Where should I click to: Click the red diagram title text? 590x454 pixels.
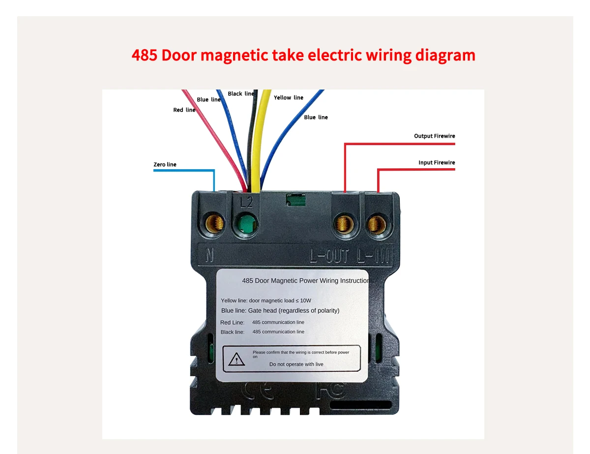pos(303,55)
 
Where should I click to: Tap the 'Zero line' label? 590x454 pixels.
pos(165,164)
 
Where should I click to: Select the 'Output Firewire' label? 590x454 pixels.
pos(434,136)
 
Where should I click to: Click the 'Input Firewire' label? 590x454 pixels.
pos(437,162)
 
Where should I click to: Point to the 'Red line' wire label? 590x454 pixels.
pos(184,110)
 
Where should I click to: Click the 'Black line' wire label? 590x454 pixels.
pos(241,93)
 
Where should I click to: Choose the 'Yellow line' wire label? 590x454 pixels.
pos(289,97)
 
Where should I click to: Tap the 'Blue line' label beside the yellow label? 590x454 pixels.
pos(316,117)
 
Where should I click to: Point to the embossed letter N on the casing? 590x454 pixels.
pos(210,256)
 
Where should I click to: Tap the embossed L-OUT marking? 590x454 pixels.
pos(329,256)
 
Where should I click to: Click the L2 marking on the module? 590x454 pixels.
pos(246,202)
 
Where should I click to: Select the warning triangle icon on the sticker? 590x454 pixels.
pos(236,360)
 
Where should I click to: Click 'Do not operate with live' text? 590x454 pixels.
pos(296,364)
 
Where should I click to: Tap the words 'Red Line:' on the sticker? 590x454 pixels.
pos(232,323)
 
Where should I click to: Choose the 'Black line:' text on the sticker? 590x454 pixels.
pos(233,332)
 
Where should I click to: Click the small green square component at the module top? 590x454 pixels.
pos(295,200)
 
